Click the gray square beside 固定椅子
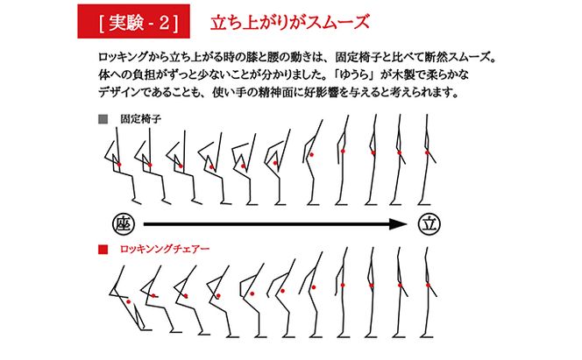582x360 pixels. (x=103, y=117)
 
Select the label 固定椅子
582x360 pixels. (x=138, y=117)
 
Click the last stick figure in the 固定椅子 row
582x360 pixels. (x=428, y=162)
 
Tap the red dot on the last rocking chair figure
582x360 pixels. (x=429, y=285)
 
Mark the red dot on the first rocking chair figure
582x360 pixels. (x=129, y=302)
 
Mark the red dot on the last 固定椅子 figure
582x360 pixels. (x=428, y=152)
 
